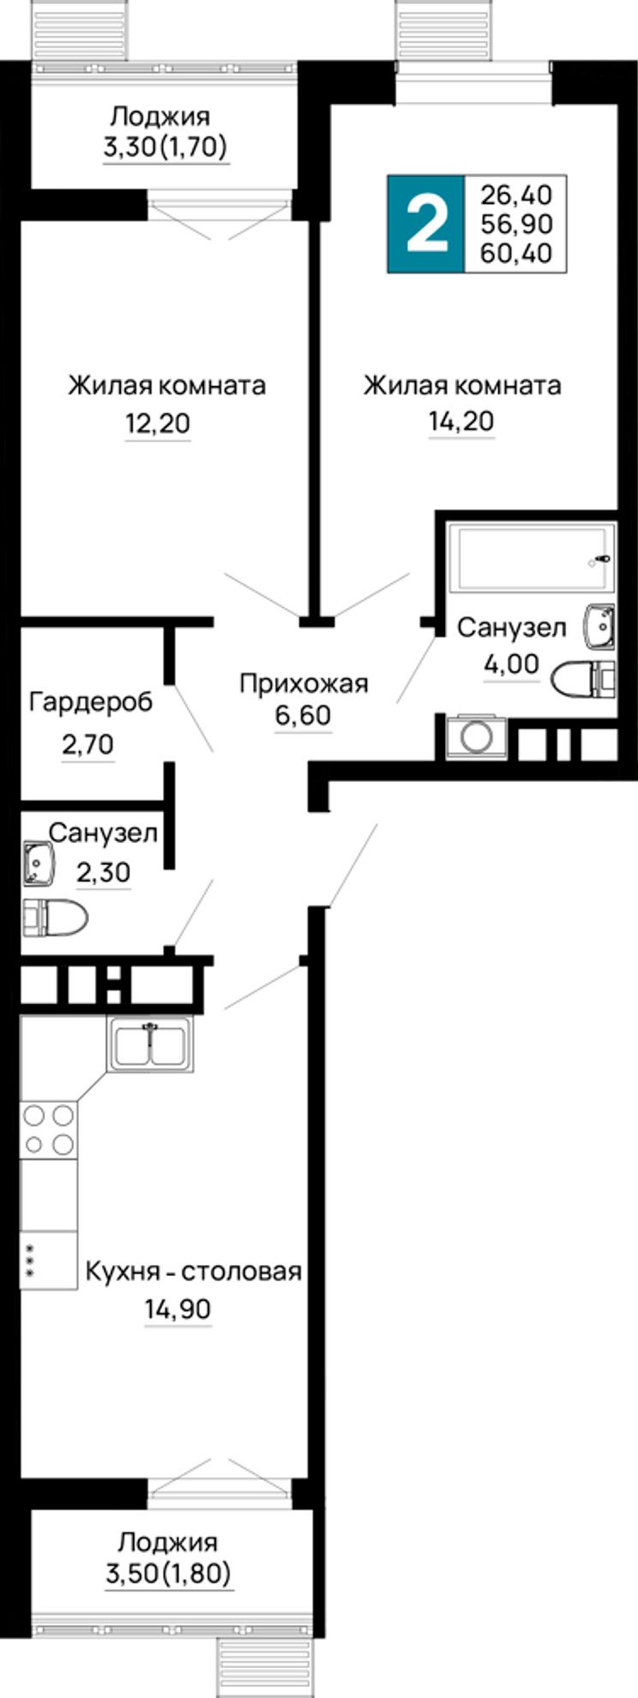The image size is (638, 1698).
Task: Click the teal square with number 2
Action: (426, 224)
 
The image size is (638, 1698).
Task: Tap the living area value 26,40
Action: (516, 194)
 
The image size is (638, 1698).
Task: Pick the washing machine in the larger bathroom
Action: (475, 736)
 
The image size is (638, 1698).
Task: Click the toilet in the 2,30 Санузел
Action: (55, 917)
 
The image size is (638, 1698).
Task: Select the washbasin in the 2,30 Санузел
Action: (38, 863)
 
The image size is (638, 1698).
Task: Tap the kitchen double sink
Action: (151, 1043)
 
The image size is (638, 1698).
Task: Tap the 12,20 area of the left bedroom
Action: (158, 423)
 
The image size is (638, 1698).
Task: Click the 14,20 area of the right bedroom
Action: (462, 421)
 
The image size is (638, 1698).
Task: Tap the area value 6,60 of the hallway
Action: (303, 714)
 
